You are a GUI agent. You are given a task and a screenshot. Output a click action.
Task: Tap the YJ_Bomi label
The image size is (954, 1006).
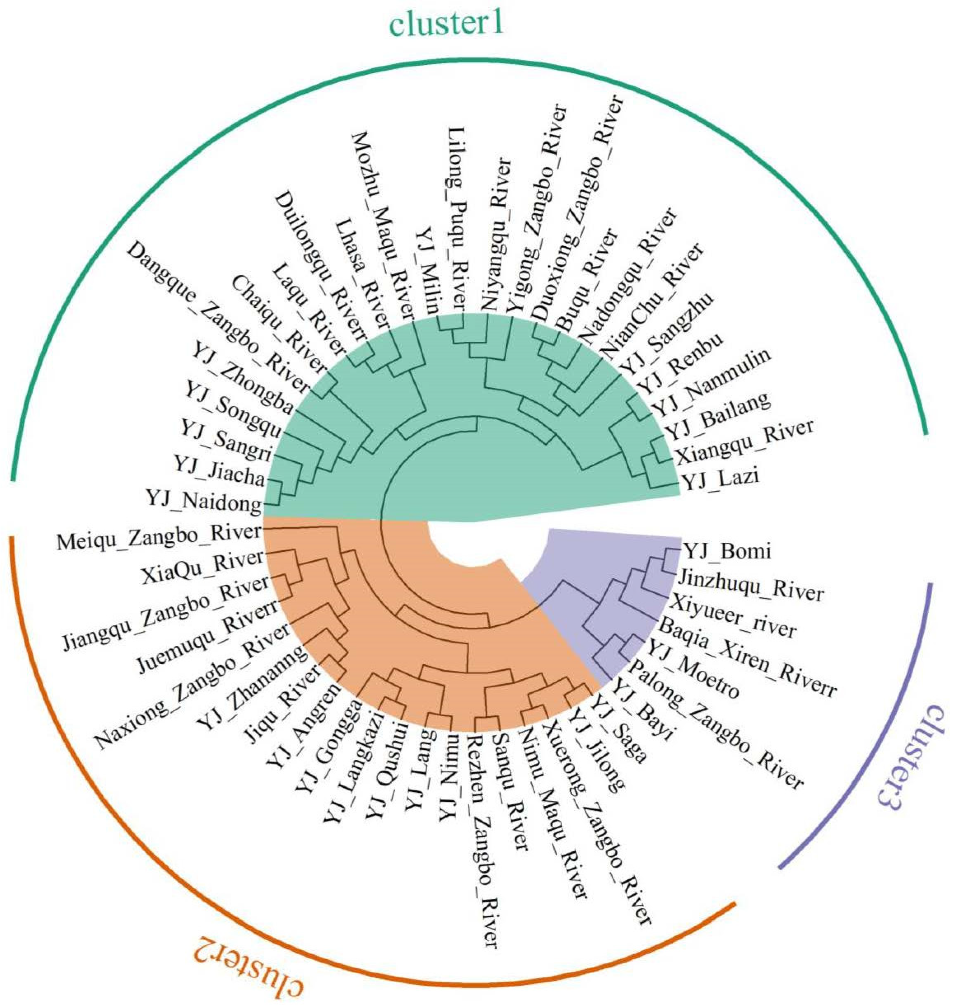pos(726,551)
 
